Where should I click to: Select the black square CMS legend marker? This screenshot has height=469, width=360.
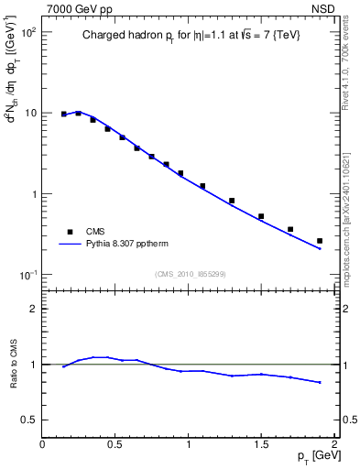click(65, 232)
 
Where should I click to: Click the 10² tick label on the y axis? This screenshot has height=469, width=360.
click(27, 32)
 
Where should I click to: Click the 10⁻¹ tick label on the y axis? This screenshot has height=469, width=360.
click(27, 275)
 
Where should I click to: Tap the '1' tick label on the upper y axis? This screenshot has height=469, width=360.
click(33, 194)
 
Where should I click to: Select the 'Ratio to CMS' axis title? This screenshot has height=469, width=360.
click(12, 364)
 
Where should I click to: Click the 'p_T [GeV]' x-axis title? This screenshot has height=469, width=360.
click(312, 455)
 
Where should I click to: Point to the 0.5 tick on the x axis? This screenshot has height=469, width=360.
click(115, 443)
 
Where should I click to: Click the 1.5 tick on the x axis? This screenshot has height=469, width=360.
click(261, 443)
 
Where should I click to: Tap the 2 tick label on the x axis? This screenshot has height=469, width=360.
click(334, 443)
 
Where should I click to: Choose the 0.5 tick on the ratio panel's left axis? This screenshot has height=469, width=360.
click(30, 420)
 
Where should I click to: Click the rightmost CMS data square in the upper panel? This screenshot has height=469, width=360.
click(320, 241)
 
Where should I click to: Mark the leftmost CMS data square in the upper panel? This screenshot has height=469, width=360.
click(64, 114)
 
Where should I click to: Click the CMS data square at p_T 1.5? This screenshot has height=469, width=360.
click(261, 216)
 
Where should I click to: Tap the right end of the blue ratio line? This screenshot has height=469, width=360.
click(320, 382)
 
